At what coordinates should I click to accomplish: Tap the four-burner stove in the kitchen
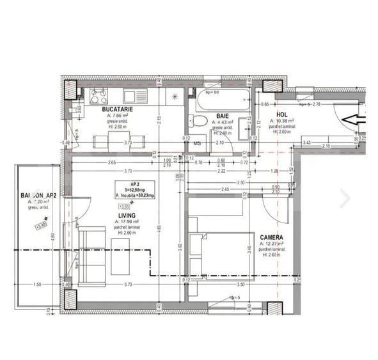(x=99, y=97)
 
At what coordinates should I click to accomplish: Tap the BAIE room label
(x=222, y=116)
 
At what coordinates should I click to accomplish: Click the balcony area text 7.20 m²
(x=36, y=201)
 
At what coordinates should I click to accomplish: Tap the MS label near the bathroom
(x=197, y=143)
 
